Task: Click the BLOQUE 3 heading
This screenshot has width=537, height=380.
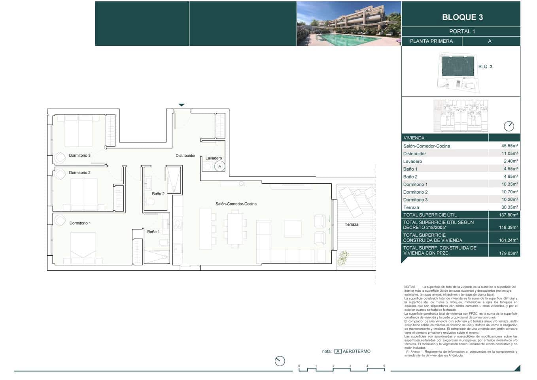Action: point(462,17)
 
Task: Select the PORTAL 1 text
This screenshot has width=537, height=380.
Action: point(462,31)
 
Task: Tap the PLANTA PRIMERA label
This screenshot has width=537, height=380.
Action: point(431,41)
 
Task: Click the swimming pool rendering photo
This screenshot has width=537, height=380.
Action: point(349,24)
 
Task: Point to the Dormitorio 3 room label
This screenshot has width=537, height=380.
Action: point(79,156)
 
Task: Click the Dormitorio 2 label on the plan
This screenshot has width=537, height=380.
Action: point(79,173)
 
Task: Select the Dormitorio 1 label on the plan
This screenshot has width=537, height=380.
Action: point(80,223)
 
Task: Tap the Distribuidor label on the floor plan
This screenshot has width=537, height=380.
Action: point(185,156)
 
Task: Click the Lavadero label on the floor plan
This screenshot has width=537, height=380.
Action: point(214,158)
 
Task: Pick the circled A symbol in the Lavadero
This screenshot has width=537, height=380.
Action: point(219,166)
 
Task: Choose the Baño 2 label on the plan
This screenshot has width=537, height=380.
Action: point(158,194)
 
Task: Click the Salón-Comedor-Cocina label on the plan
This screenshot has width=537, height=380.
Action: point(236,204)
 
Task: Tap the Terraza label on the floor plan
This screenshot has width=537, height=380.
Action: point(351,224)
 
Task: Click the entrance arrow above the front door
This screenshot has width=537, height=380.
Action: point(182,105)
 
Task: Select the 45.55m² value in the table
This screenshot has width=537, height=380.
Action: point(509,146)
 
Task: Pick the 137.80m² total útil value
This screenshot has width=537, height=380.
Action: point(508,215)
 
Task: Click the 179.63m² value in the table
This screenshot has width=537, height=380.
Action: point(508,253)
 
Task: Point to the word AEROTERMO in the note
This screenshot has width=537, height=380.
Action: point(356,351)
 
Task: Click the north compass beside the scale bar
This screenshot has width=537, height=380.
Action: point(280,361)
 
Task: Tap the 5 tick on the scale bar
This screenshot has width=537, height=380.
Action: point(384,367)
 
